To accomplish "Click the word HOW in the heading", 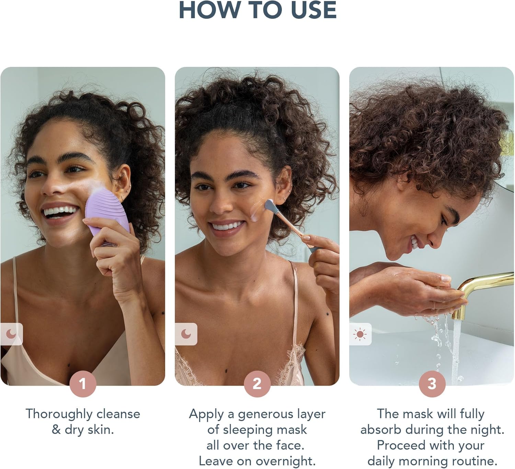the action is (209, 10).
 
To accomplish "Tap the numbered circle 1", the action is (83, 384).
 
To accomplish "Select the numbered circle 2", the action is (257, 384).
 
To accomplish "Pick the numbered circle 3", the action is (432, 384).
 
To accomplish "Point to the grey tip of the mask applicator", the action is (271, 207).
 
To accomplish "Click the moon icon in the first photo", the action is (11, 334).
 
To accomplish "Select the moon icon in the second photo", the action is (186, 334).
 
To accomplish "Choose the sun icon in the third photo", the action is (360, 334).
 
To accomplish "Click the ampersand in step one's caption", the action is (56, 430).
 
